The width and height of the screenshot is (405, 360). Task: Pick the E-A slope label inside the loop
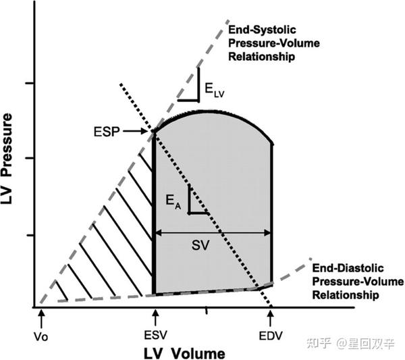tap(173, 201)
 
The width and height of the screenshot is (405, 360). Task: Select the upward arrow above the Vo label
tap(42, 315)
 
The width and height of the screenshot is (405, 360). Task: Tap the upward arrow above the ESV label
tap(155, 315)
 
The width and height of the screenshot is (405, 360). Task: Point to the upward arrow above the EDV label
tap(271, 315)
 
